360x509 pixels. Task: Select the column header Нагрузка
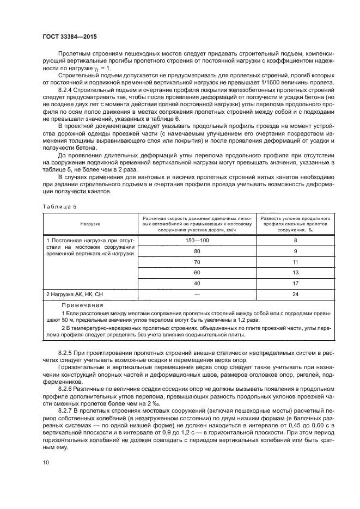(x=90, y=223)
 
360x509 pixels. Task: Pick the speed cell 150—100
(x=197, y=240)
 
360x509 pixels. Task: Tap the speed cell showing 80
(x=197, y=252)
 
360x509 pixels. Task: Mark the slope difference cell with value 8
(x=295, y=240)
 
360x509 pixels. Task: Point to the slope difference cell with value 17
(x=295, y=283)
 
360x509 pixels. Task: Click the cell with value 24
(x=295, y=295)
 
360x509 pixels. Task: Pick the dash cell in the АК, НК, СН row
(x=197, y=295)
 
